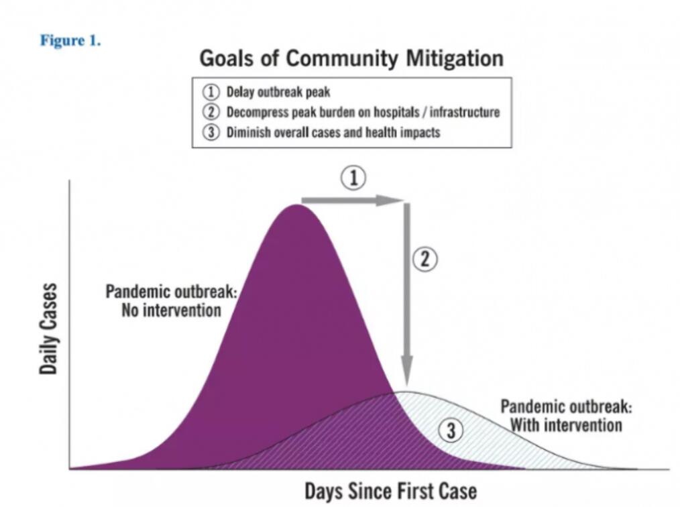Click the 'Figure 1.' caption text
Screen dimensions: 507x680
[70, 40]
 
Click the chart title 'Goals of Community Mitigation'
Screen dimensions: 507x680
[351, 58]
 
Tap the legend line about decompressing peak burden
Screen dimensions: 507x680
[363, 112]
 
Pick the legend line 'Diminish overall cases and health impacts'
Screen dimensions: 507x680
[333, 131]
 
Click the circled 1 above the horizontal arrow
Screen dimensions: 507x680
[355, 178]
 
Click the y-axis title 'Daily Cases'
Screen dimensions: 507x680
[48, 328]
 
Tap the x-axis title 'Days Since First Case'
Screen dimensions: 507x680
[390, 490]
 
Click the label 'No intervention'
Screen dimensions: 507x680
[171, 311]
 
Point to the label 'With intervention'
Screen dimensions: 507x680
[566, 425]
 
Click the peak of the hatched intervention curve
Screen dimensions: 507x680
[405, 392]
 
